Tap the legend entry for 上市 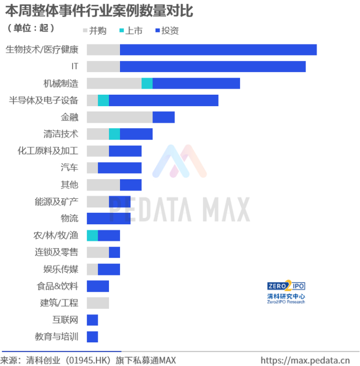pos(131,31)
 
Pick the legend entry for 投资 pos(167,31)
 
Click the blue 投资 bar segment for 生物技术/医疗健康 pos(218,49)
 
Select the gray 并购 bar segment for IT pos(103,66)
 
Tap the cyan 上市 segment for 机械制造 pos(147,83)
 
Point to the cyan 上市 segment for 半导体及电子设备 pos(103,100)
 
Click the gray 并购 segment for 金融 pos(119,117)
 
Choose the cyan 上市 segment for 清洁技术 pos(114,134)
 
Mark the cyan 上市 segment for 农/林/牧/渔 pos(92,236)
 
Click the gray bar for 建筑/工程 pos(98,303)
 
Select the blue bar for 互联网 pos(92,320)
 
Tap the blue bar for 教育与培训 pos(92,337)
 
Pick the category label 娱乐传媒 pos(61,269)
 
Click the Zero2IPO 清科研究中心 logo pos(286,292)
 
